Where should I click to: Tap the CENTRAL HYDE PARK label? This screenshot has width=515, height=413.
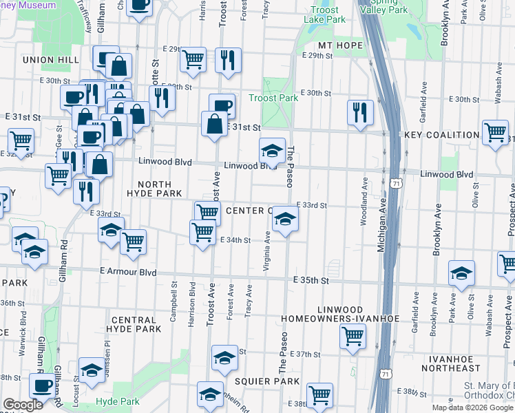point(136,324)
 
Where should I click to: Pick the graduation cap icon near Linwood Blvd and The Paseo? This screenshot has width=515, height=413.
point(272,150)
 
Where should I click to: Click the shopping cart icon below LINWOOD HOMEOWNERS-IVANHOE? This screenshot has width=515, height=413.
point(353,336)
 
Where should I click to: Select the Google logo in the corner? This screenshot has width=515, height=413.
point(23,405)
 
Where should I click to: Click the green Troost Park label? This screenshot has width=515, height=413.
point(273,98)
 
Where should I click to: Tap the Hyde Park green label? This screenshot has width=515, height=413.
point(118,401)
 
